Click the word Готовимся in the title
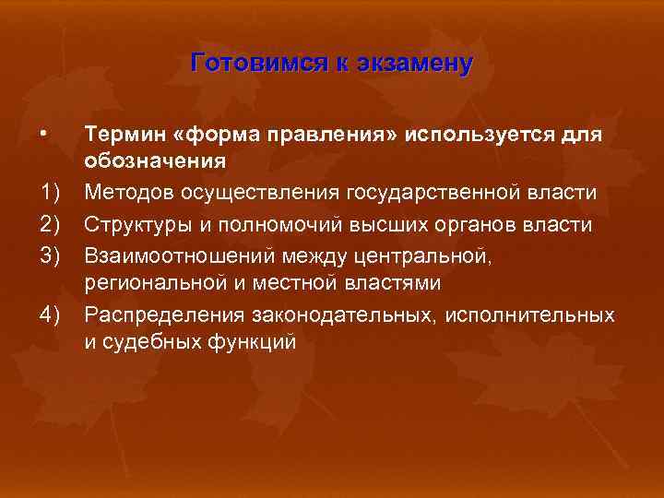(242, 63)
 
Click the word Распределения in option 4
(160, 314)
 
